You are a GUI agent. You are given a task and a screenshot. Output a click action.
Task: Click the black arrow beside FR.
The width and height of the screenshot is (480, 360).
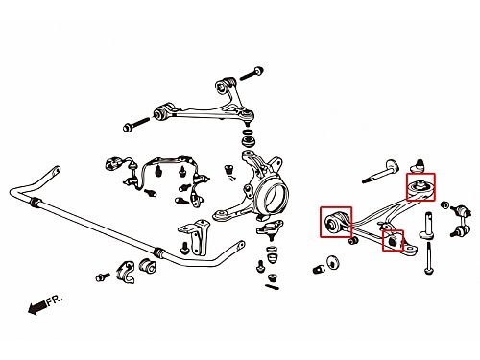(x=37, y=307)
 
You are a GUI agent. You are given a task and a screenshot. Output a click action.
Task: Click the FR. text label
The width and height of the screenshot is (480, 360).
(x=55, y=300)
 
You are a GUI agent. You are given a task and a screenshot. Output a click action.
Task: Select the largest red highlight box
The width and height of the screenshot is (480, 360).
(x=336, y=222)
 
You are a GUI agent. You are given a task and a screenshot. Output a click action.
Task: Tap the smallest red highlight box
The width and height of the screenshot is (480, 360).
(x=393, y=241)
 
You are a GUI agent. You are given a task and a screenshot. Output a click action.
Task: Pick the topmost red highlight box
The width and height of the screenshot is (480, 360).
(x=420, y=187)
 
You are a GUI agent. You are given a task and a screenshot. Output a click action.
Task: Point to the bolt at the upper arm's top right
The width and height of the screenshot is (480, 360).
(x=252, y=73)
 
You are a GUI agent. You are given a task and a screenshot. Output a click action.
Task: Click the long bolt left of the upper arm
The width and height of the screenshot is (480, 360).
(x=136, y=124)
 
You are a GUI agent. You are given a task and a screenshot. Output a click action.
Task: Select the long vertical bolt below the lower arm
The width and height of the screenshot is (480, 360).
(x=428, y=257)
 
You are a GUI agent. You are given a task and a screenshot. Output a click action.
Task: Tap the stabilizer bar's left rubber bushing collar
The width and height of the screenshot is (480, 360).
(x=36, y=203)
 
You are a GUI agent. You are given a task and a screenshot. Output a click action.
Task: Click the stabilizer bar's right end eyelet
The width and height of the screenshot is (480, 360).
(x=240, y=246)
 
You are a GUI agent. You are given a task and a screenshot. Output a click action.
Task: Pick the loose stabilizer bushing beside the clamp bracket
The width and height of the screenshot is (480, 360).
(x=147, y=266)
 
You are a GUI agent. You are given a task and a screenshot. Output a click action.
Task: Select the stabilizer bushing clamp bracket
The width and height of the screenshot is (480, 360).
(x=126, y=272)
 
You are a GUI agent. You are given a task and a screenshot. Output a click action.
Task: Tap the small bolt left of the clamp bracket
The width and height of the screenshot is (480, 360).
(x=103, y=276)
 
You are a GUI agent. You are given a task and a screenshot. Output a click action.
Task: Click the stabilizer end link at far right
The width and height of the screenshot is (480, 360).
(x=460, y=220)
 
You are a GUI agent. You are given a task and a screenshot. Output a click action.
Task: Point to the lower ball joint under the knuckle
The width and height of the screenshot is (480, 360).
(x=270, y=229)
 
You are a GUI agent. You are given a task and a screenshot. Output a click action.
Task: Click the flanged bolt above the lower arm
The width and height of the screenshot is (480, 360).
(x=381, y=173)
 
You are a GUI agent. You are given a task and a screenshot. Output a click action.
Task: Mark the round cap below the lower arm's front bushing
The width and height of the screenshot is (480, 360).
(x=334, y=263)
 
